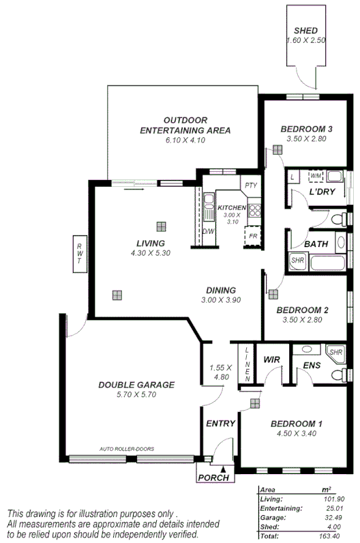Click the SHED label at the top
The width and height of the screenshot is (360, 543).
tap(306, 31)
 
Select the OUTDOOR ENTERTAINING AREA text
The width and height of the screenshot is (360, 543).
tap(185, 125)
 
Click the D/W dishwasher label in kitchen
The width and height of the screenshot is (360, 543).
tap(208, 231)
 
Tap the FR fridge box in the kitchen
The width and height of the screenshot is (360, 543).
tap(253, 235)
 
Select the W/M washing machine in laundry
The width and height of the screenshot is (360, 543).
tap(316, 176)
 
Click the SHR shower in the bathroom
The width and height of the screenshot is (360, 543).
tap(297, 260)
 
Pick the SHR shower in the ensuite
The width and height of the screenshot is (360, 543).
tap(335, 353)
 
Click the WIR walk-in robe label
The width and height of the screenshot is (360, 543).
tap(273, 358)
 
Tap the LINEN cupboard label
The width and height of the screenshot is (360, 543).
tap(247, 364)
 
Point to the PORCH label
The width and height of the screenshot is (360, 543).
tap(213, 478)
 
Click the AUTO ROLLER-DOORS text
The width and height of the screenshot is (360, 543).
tap(126, 449)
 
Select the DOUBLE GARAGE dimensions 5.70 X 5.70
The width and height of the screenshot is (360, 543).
tap(136, 395)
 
